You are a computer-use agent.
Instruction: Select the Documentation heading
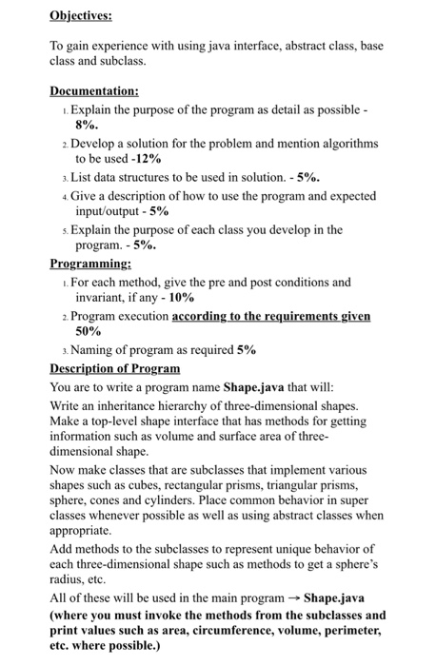pos(95,91)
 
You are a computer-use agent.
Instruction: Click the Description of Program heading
pos(114,367)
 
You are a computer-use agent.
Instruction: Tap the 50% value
pos(89,333)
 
